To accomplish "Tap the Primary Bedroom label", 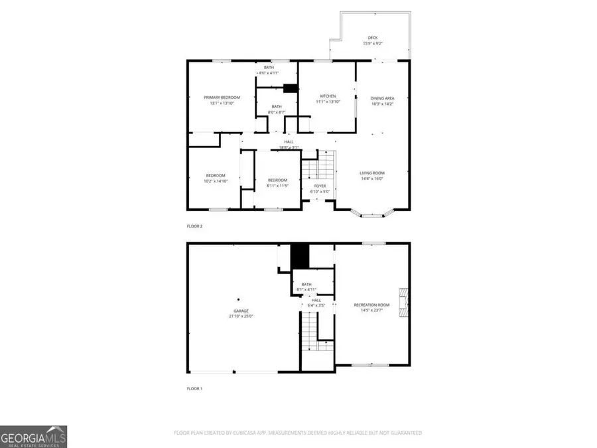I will [x=222, y=100].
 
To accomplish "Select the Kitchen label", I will [x=328, y=99].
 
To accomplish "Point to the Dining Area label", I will [x=382, y=101].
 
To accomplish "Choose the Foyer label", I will [x=320, y=188].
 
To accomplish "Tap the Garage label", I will [x=241, y=313].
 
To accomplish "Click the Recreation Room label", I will [x=371, y=307].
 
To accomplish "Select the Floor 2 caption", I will [x=194, y=226].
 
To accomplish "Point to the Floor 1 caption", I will [x=194, y=388].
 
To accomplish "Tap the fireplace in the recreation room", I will [x=403, y=303].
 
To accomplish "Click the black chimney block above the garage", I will [x=301, y=255].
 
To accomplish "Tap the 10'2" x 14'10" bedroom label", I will [x=216, y=178].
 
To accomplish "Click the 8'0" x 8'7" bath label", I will [x=275, y=110].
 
